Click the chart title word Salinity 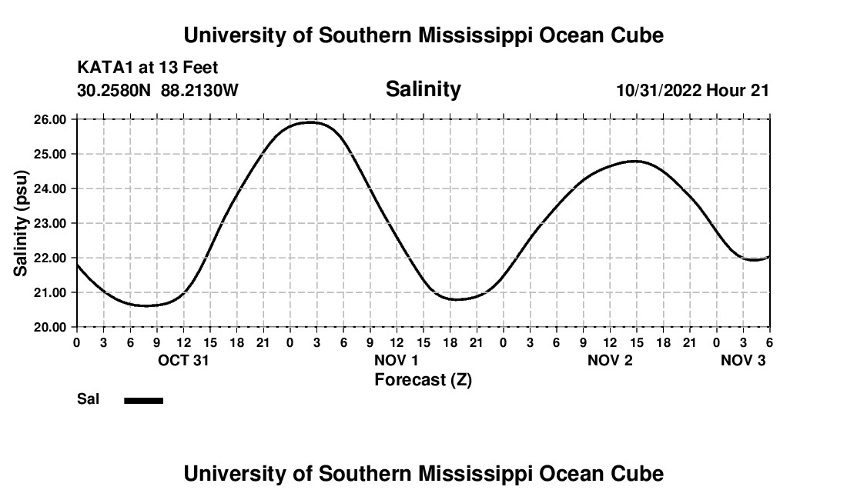tap(423, 89)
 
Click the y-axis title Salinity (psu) tap(21, 223)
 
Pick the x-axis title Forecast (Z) tap(423, 379)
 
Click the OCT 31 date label tap(183, 360)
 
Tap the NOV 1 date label tap(397, 360)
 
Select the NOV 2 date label tap(610, 360)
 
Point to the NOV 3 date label tap(743, 360)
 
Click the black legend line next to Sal tap(143, 400)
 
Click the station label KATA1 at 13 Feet tap(148, 68)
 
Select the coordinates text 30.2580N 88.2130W tap(158, 91)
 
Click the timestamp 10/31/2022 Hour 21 tap(692, 91)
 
